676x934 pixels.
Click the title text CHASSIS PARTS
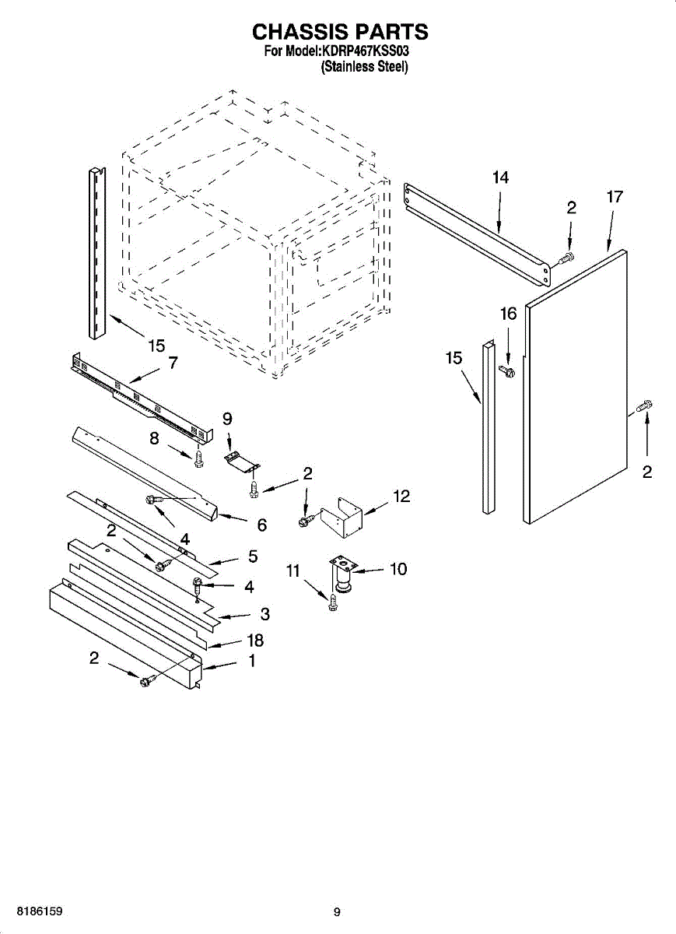[x=340, y=31]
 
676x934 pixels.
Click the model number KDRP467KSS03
[x=364, y=51]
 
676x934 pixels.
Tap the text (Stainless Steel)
[x=364, y=67]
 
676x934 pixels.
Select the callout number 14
[x=500, y=177]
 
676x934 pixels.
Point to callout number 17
[x=615, y=197]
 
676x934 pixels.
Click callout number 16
[x=509, y=314]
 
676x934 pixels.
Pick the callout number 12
[x=401, y=497]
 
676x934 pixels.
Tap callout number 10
[x=398, y=569]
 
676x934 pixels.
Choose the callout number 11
[x=293, y=571]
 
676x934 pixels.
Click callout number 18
[x=255, y=641]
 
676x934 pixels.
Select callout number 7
[x=173, y=363]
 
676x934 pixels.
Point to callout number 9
[x=227, y=419]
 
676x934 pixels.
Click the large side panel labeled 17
[x=576, y=387]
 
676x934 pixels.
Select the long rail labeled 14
[x=477, y=234]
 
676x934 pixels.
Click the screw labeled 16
[x=506, y=370]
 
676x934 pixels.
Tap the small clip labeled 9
[x=242, y=462]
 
